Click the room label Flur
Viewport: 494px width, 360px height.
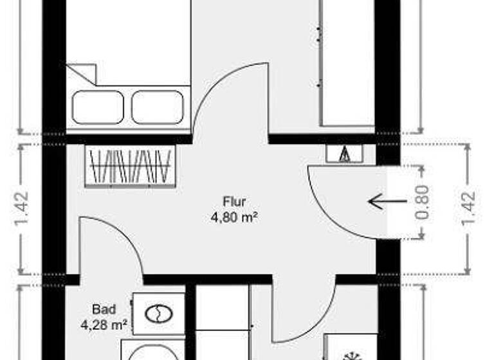coord(235,202)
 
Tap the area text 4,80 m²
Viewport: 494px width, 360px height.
coord(235,217)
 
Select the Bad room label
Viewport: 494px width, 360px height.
coord(103,309)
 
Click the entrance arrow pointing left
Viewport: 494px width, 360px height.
coord(387,201)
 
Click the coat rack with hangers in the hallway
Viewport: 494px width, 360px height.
coord(131,166)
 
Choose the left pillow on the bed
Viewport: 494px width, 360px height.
coord(98,107)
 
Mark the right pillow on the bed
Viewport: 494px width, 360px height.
coord(158,107)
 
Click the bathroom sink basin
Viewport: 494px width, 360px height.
coord(156,314)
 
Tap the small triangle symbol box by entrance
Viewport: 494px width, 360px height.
coord(344,154)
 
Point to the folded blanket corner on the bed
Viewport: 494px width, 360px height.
coord(82,73)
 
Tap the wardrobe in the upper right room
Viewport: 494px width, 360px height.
coord(347,64)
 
